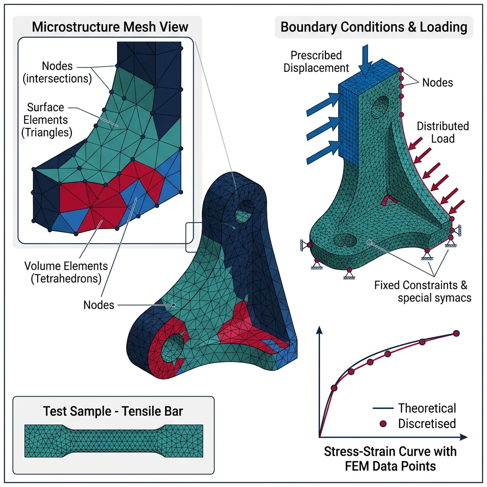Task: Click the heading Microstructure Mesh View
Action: (x=110, y=27)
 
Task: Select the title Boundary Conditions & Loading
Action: (x=374, y=27)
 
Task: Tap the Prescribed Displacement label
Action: (x=316, y=62)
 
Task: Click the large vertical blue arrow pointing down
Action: (x=365, y=59)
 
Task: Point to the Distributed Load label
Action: (x=442, y=133)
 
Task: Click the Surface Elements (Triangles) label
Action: (x=46, y=120)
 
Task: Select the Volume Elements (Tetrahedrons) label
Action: (x=67, y=272)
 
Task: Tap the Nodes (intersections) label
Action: (x=58, y=72)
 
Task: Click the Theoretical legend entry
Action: (x=427, y=408)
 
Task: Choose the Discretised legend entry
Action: (x=427, y=423)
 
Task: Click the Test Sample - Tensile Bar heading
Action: (x=113, y=411)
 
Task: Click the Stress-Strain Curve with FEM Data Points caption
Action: (x=390, y=458)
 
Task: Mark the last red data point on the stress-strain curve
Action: (x=457, y=333)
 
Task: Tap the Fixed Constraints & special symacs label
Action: (x=420, y=292)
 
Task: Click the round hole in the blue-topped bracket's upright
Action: (x=382, y=105)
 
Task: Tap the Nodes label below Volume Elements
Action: (x=99, y=305)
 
